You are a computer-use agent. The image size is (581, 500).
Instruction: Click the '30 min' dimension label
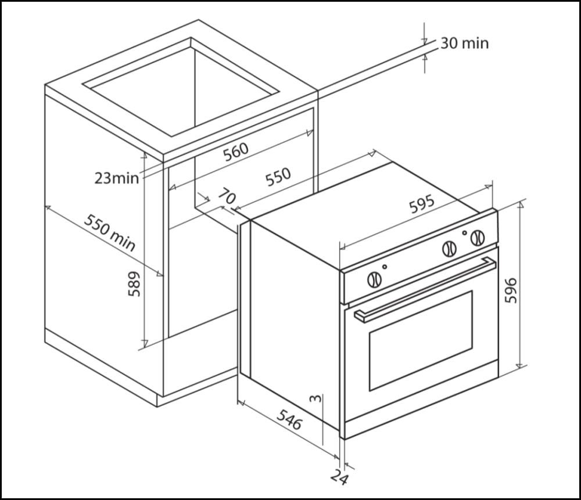464,43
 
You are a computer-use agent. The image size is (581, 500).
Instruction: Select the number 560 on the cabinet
236,150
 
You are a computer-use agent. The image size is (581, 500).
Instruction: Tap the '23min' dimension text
117,178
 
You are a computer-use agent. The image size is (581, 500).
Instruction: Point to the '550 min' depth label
110,232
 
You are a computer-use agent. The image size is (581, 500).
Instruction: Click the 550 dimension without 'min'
278,178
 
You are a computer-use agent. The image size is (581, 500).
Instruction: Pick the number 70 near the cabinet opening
227,197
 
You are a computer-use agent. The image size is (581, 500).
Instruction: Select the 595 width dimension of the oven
422,204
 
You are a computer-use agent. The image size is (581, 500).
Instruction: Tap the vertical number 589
134,283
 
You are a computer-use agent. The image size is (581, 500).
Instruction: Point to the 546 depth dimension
289,420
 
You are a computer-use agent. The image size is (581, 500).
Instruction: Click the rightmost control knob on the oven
478,238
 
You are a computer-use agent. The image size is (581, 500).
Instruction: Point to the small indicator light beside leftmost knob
385,267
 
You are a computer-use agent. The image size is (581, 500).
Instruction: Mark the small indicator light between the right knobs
464,233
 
